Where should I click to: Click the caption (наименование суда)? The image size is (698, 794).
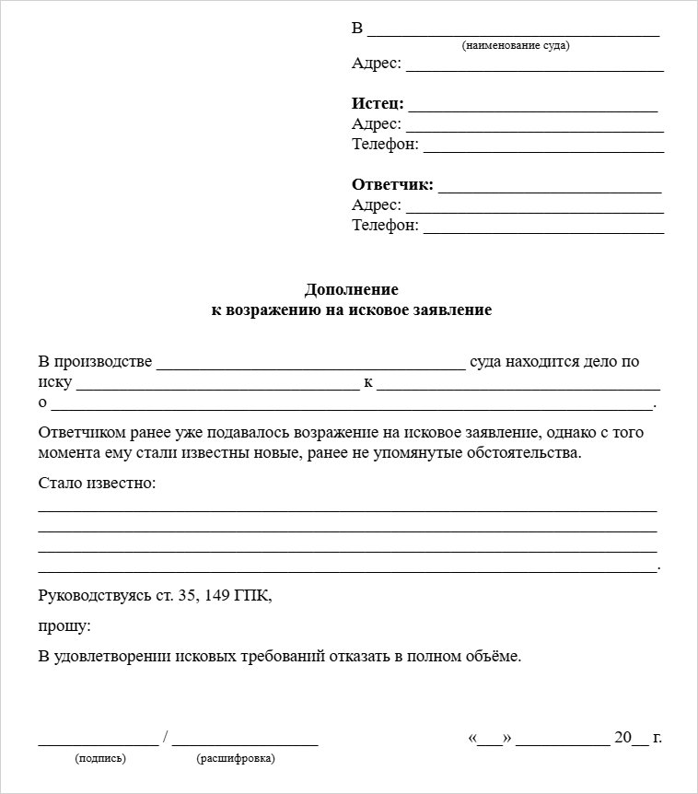(516, 45)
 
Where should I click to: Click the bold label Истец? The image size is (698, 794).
(378, 104)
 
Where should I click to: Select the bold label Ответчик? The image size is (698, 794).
(392, 185)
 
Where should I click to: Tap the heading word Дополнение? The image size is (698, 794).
(351, 290)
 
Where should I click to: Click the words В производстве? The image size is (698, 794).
(95, 362)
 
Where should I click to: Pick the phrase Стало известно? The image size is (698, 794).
(98, 484)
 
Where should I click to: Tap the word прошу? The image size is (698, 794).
(64, 626)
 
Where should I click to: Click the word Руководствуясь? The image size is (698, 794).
(95, 596)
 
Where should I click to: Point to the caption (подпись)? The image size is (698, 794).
(100, 759)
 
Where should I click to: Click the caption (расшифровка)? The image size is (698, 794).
(236, 759)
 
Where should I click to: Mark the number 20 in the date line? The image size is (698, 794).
(623, 738)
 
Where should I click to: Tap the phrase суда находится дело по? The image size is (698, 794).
(554, 362)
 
